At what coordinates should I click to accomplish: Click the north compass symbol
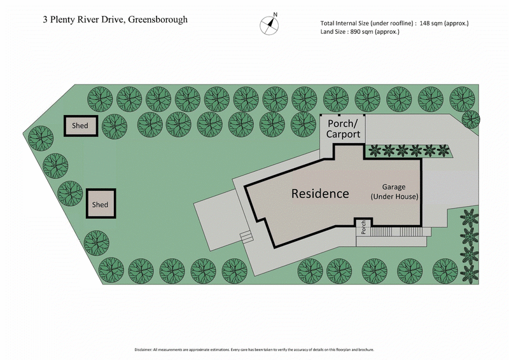[x=270, y=25]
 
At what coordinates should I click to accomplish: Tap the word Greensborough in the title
[x=158, y=19]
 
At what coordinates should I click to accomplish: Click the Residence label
[x=320, y=193]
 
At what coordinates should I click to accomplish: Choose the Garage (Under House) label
[x=394, y=192]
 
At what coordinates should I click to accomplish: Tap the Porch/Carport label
[x=343, y=128]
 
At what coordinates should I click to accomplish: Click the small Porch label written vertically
[x=363, y=227]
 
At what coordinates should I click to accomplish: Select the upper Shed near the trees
[x=80, y=126]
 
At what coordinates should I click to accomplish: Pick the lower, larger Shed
[x=101, y=204]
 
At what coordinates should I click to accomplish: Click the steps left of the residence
[x=246, y=236]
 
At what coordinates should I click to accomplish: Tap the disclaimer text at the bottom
[x=254, y=349]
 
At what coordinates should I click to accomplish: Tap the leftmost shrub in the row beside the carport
[x=373, y=151]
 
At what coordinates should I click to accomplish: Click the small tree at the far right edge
[x=470, y=119]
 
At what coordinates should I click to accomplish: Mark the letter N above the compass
[x=275, y=14]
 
